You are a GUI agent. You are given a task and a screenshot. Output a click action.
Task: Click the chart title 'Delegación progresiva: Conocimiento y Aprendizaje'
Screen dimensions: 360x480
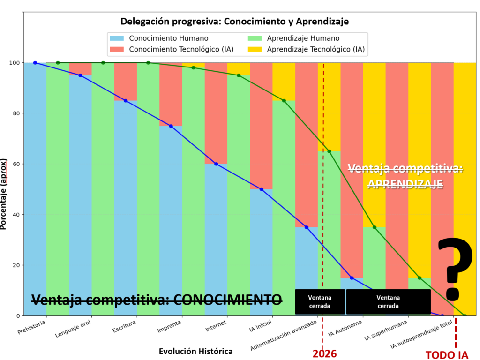234,22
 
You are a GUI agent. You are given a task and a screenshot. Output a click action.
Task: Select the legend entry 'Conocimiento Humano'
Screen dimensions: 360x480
168,38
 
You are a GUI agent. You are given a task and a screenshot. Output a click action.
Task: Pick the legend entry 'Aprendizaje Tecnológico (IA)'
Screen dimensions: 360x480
315,49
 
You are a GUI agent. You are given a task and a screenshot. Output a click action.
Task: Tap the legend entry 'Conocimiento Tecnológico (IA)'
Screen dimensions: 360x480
181,49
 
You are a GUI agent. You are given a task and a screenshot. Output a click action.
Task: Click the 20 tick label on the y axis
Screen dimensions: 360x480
15,265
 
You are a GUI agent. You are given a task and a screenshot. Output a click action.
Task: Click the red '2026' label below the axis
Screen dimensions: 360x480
324,353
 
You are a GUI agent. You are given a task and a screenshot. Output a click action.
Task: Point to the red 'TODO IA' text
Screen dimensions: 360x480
447,354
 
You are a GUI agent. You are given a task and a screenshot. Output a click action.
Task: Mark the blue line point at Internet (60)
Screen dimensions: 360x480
216,164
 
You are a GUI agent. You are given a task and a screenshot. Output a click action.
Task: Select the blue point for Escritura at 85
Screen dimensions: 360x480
126,101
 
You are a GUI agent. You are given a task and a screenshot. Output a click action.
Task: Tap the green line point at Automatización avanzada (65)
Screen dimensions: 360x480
329,151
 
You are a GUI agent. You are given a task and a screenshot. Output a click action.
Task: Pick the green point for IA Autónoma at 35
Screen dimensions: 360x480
374,227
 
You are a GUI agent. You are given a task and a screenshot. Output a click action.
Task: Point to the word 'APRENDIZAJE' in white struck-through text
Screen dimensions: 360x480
405,184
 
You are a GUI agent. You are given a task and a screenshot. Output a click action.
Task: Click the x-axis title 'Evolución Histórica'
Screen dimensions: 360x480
195,351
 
